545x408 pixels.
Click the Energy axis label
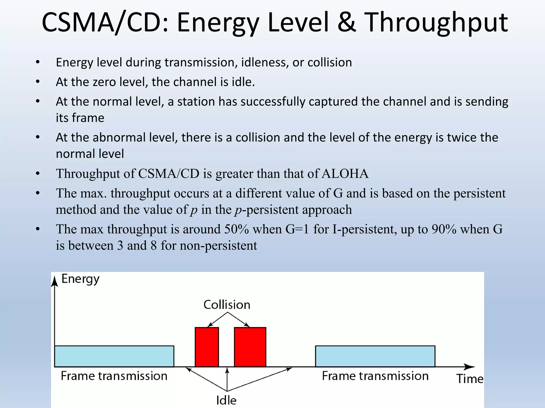coord(80,279)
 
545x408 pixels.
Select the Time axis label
coord(470,379)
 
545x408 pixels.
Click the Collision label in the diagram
coord(227,305)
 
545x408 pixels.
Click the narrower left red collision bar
coord(207,347)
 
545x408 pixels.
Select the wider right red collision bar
coord(250,347)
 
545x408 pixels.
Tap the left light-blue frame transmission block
coord(114,356)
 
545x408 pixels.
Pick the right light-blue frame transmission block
coord(375,356)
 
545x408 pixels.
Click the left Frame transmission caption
coord(114,376)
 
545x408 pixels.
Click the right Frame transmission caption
coord(375,376)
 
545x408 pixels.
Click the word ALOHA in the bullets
coord(345,174)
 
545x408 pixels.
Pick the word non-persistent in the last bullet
coord(218,245)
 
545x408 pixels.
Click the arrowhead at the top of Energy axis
coord(55,281)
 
